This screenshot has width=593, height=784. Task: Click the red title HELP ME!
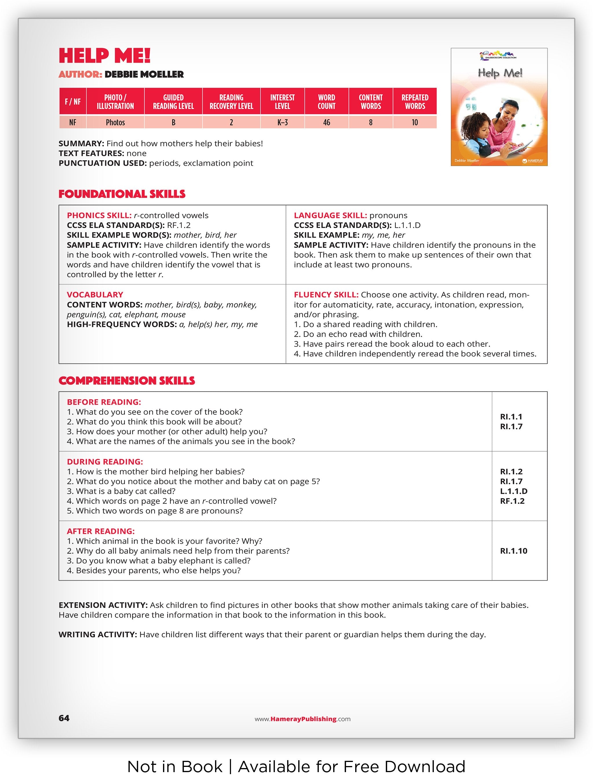(105, 56)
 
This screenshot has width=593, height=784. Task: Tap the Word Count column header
(326, 102)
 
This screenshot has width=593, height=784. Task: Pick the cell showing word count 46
(326, 123)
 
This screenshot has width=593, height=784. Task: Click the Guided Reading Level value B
(173, 123)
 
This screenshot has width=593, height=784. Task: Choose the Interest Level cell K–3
(282, 123)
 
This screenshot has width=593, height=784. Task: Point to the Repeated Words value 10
(415, 123)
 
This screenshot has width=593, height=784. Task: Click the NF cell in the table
(73, 123)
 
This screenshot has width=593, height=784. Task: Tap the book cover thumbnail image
(499, 107)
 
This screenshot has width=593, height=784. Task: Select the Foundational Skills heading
(122, 194)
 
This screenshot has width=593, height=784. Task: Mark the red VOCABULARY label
(95, 295)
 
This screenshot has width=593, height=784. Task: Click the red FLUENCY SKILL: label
(326, 295)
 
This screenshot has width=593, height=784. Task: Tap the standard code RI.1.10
(513, 551)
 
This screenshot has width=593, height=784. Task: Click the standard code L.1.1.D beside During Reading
(513, 491)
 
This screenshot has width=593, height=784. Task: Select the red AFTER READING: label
(100, 531)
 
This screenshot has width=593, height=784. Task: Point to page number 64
(64, 718)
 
